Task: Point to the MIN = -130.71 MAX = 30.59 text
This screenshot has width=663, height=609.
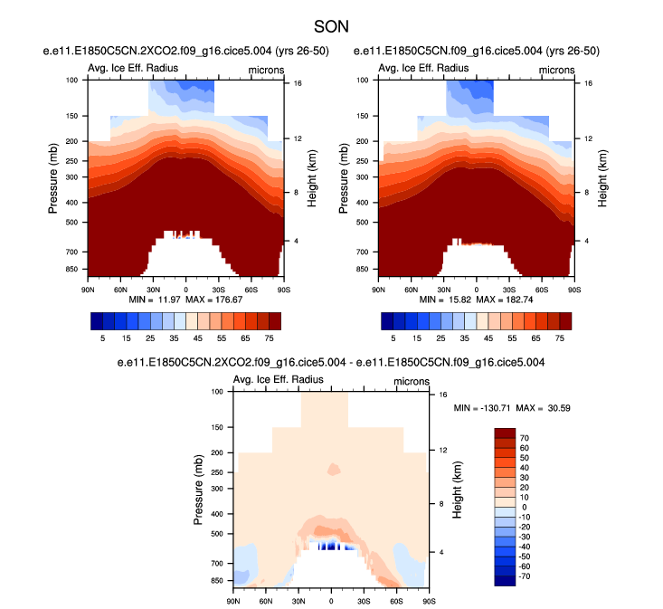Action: (512, 409)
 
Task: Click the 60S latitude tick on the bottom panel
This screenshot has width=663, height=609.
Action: (396, 601)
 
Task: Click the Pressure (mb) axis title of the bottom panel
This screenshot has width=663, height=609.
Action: (198, 490)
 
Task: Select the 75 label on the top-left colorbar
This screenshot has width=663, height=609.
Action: (270, 336)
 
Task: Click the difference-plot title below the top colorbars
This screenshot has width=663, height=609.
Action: (331, 363)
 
